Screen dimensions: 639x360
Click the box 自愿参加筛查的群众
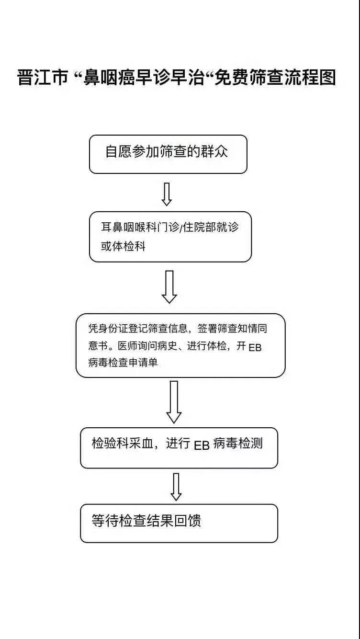coord(168,154)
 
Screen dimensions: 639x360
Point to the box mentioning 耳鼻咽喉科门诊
coord(170,237)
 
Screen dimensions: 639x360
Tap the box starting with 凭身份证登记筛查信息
coord(180,345)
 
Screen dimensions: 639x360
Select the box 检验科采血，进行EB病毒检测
coord(179,448)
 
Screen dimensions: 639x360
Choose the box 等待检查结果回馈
coord(179,523)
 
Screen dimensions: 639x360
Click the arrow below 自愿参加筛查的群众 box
coord(167,194)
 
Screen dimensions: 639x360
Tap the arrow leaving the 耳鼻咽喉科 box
coord(169,286)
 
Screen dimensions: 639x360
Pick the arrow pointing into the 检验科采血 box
coord(174,401)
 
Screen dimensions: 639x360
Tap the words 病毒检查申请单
coord(123,363)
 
